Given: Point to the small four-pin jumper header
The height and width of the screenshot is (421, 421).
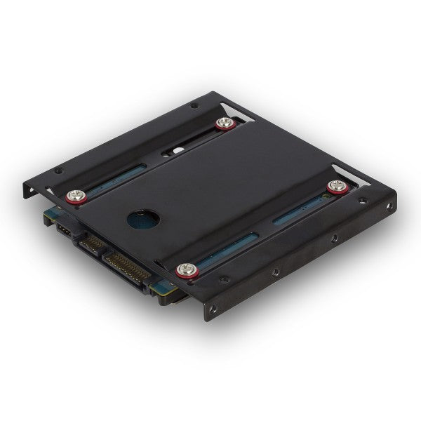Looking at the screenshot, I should [x=62, y=229].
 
